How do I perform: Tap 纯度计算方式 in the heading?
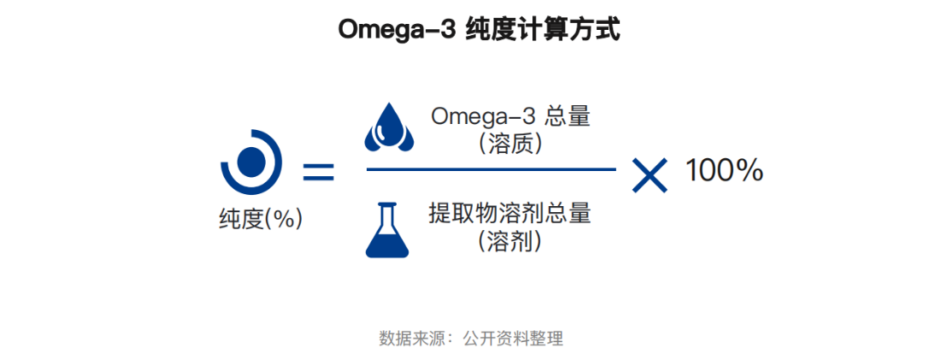[x=544, y=30]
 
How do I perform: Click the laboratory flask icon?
[x=387, y=229]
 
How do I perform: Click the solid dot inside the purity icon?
[x=250, y=160]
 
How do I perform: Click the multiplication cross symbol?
[x=650, y=175]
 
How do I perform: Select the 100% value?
[x=724, y=171]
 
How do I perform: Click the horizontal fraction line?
[x=491, y=169]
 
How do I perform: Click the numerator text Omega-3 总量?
[x=510, y=116]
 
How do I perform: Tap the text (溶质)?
[x=510, y=145]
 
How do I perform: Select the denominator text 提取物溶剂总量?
[x=509, y=214]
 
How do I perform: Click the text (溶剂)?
[x=510, y=242]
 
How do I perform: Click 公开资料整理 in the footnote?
[x=513, y=338]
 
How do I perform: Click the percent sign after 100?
[x=749, y=171]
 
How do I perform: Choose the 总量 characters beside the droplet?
[x=567, y=116]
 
